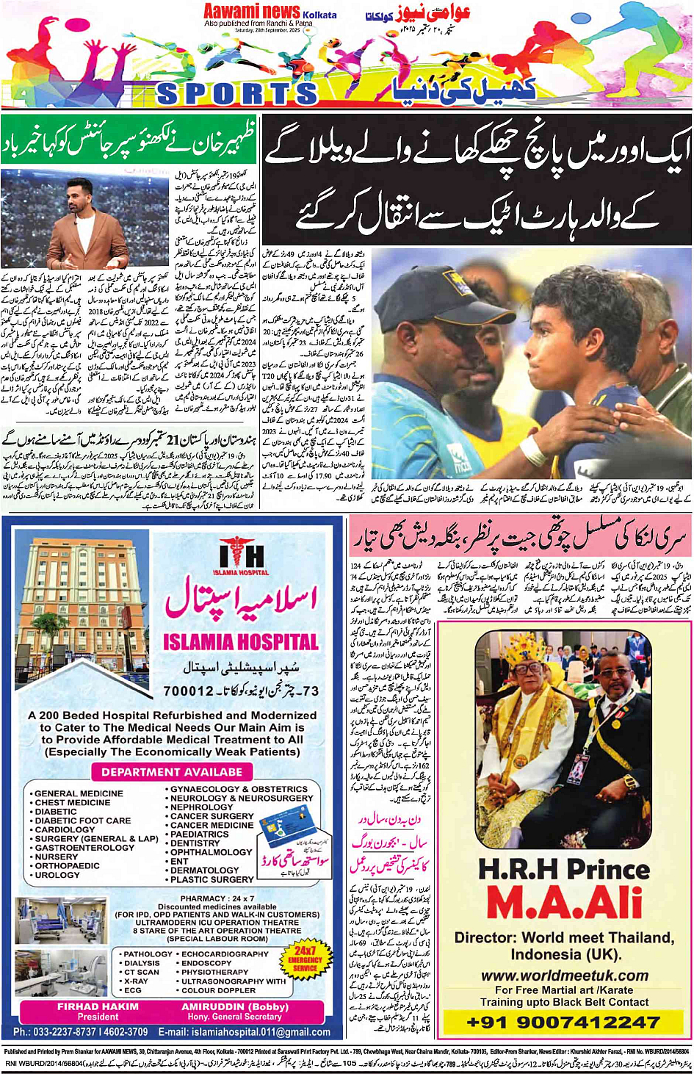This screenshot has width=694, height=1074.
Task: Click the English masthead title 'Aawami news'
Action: pos(251,11)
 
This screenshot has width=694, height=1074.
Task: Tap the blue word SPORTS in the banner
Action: pos(237,93)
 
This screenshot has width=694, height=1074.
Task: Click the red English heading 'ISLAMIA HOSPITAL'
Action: pos(241,642)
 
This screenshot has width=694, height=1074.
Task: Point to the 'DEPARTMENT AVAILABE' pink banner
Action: pos(171,772)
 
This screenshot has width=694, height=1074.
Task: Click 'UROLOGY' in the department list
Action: pos(57,875)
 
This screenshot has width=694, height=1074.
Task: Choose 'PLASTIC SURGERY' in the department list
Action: pos(212,879)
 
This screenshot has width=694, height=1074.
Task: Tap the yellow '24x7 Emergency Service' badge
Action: pos(305,959)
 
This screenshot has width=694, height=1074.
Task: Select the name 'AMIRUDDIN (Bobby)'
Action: pos(235,1006)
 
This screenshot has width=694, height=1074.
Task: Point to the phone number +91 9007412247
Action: pos(563,1022)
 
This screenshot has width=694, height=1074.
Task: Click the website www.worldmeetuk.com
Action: pos(564,976)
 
